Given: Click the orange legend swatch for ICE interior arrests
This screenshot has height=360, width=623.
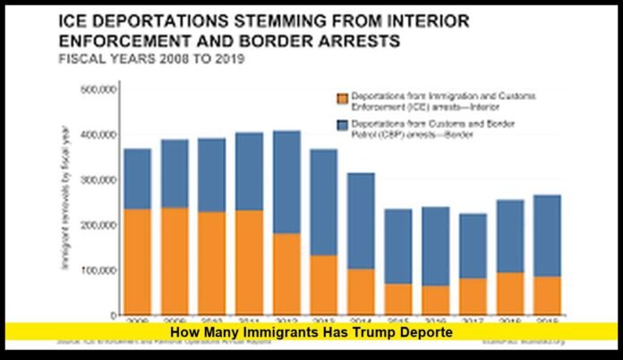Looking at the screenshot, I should [x=341, y=99].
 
